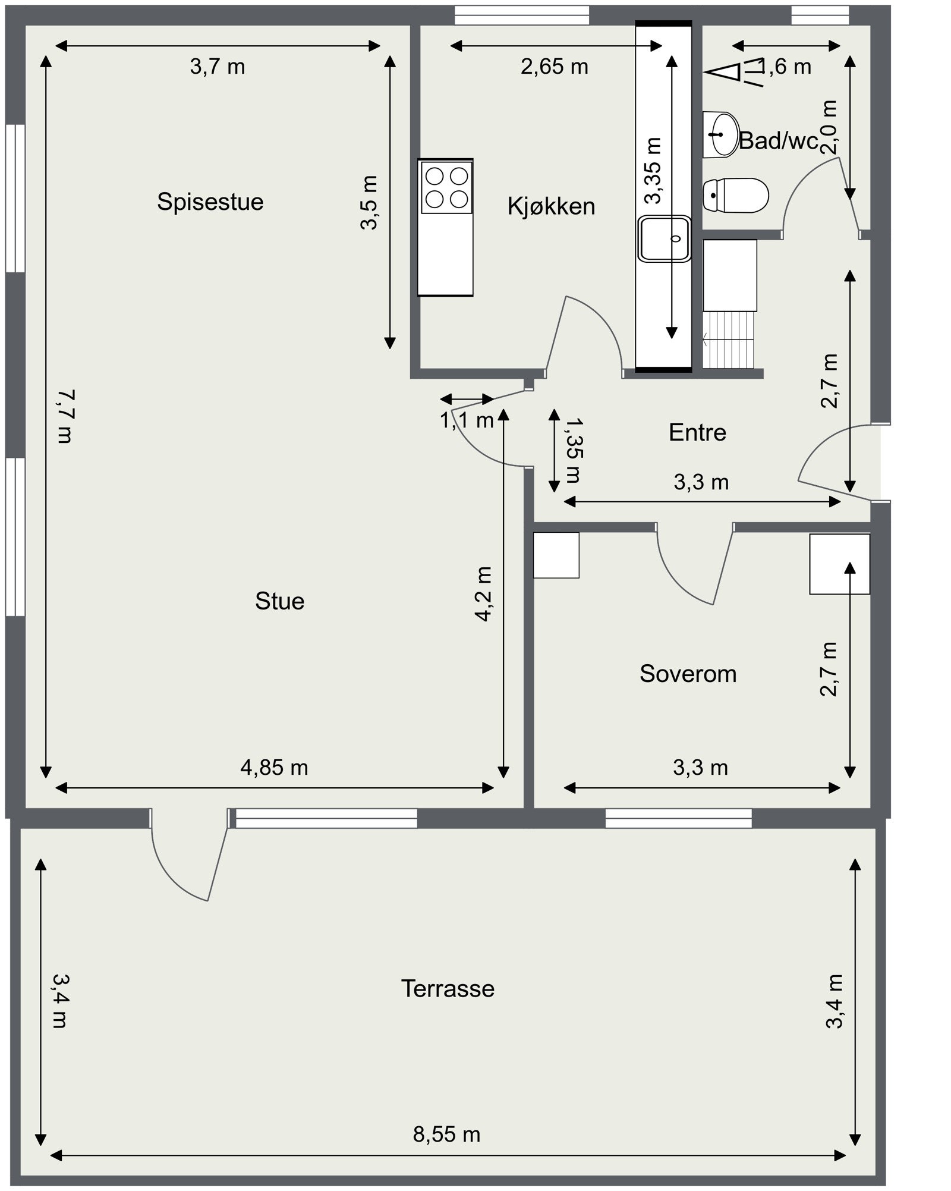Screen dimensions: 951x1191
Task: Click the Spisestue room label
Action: coord(210,202)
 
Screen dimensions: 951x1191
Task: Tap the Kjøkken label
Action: coord(551,206)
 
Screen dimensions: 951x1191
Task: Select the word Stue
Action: coord(279,601)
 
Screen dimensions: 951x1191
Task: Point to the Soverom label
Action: coord(688,674)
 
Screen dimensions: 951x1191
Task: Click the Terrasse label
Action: coord(448,989)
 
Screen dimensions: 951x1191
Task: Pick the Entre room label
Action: coord(697,432)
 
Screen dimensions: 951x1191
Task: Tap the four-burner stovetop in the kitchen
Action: coord(446,187)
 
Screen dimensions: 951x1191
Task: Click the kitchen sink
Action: coord(665,238)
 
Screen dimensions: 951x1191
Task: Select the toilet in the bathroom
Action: coord(736,195)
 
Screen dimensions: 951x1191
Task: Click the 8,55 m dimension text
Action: coord(447,1135)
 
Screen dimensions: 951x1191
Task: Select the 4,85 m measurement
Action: coord(274,768)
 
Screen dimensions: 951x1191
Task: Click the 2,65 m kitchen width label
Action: coord(555,67)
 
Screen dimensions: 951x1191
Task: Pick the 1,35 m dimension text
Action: coord(574,450)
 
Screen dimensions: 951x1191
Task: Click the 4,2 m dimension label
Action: coord(484,594)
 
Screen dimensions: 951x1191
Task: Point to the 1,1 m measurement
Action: coord(467,421)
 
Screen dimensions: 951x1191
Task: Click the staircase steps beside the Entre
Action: coord(728,340)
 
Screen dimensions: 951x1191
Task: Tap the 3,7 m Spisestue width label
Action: coord(218,67)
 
